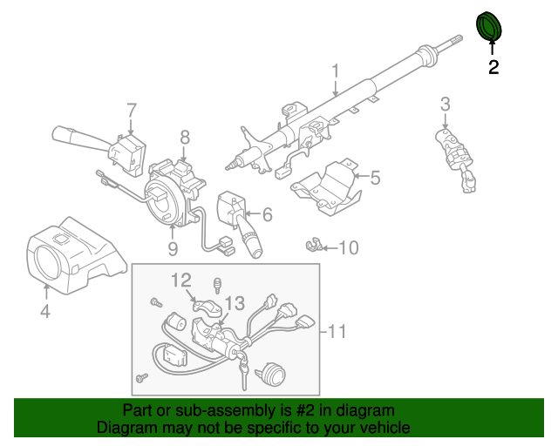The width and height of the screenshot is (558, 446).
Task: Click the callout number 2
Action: point(493,67)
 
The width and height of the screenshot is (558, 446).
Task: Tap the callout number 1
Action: point(335,71)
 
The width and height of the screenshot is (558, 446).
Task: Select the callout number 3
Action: point(445,105)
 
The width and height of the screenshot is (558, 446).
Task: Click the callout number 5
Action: point(375,179)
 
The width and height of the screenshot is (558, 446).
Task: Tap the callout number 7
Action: point(132,111)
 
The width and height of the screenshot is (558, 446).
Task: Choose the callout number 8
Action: point(185,137)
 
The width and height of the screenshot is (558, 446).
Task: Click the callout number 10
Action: point(347,248)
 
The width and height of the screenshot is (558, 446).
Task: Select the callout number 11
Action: point(337,331)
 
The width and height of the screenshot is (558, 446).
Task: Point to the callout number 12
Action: point(180,280)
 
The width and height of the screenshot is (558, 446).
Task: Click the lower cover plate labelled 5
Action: point(327,185)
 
